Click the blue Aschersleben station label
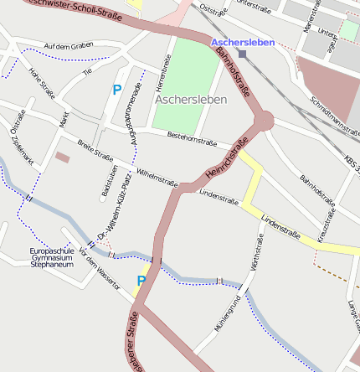[242, 42]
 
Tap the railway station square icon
[242, 54]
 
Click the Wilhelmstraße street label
[157, 174]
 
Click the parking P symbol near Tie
[116, 89]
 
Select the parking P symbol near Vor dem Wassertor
[141, 281]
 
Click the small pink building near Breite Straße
[63, 157]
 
